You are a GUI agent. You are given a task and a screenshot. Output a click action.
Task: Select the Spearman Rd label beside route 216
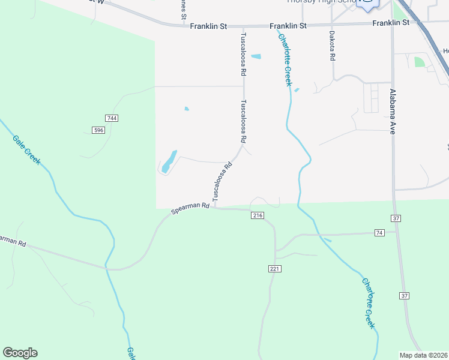point(190,208)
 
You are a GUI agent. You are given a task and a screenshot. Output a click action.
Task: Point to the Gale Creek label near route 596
point(26,150)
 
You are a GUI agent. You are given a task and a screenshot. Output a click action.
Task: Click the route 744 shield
point(111,118)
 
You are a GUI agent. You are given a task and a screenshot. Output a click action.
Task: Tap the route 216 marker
point(258,215)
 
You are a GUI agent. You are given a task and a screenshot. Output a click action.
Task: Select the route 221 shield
point(274,269)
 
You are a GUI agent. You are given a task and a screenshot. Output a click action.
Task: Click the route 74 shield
point(379,232)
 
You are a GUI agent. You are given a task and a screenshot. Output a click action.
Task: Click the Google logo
point(20,353)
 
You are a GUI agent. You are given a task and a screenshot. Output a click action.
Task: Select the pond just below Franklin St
point(256,57)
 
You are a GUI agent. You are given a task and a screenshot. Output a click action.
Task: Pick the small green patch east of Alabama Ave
point(419,62)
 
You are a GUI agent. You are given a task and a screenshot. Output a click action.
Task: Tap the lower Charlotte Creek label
point(368,303)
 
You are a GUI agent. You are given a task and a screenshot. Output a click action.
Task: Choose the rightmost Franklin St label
point(390,23)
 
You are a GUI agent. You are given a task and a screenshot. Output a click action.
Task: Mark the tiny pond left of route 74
point(327,240)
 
